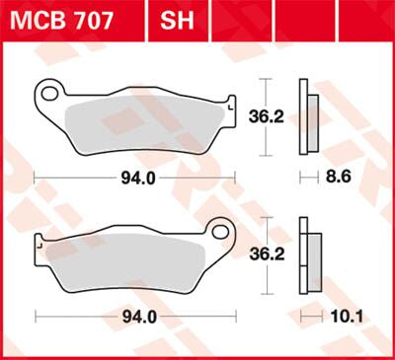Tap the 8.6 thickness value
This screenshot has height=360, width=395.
[339, 179]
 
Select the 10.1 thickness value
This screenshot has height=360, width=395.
[340, 317]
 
